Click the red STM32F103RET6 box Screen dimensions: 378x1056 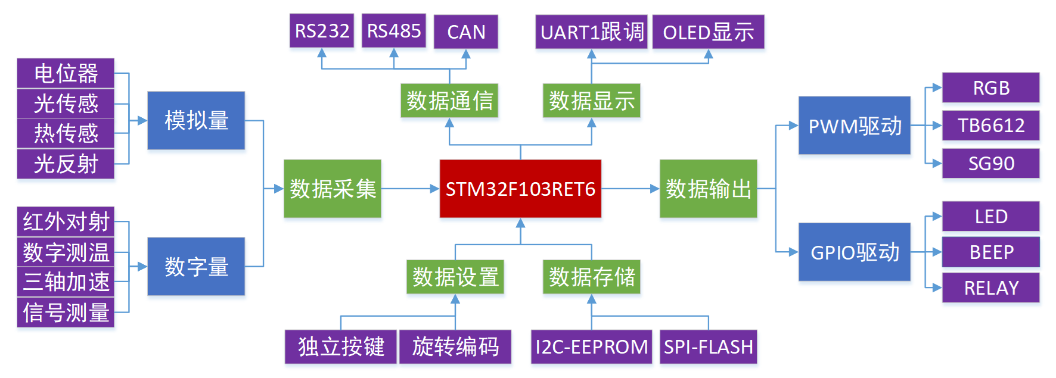[520, 189]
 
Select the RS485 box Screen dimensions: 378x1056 [393, 31]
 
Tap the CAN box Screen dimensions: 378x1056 [465, 32]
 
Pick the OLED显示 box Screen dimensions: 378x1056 [708, 32]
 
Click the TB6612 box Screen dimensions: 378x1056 [990, 126]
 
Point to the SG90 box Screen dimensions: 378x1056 [990, 163]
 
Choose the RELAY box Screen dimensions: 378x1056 [990, 288]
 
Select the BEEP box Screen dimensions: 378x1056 [990, 252]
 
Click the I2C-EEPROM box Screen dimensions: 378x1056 [591, 346]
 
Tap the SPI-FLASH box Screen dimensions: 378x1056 [708, 346]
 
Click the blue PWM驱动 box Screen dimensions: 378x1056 [854, 126]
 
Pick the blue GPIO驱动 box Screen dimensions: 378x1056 [854, 252]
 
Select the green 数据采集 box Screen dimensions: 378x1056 [333, 189]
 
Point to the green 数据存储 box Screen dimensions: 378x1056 [591, 277]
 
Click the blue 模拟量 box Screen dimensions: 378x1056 [196, 120]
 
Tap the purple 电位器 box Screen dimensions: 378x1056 [66, 74]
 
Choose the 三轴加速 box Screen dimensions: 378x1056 [66, 282]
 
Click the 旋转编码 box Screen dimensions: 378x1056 [455, 346]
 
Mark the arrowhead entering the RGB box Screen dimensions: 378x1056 [937, 88]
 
